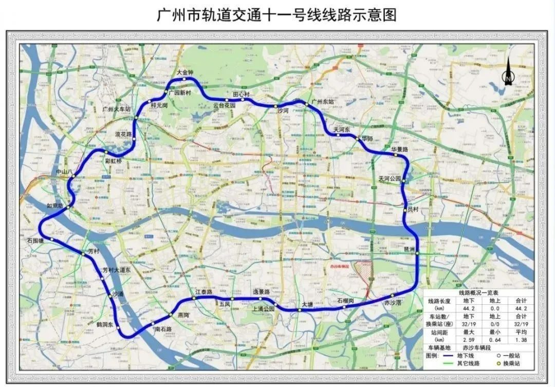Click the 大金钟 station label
point(185,72)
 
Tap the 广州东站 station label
point(323,102)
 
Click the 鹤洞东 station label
point(104,325)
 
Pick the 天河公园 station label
point(390,179)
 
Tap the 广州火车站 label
point(117,109)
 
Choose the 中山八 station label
point(65,172)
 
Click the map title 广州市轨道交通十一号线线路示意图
point(277,14)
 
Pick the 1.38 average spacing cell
point(522,340)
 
